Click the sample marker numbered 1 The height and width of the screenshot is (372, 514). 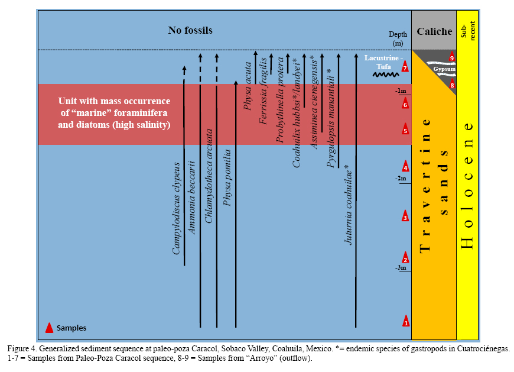[405, 321]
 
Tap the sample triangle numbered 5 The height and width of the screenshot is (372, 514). [405, 130]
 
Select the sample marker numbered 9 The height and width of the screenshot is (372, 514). [452, 57]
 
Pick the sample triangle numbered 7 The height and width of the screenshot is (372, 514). [405, 67]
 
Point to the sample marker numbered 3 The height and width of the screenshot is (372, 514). [405, 216]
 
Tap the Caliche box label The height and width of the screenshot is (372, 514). [434, 32]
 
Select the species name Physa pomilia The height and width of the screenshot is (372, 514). [227, 177]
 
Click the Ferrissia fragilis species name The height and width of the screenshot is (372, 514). [263, 97]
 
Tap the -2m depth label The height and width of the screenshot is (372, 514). [402, 178]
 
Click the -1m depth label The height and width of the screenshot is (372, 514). [402, 91]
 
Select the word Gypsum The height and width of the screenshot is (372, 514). [444, 69]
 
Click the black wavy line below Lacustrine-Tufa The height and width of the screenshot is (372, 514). [384, 75]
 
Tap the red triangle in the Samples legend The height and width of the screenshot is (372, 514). [50, 327]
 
